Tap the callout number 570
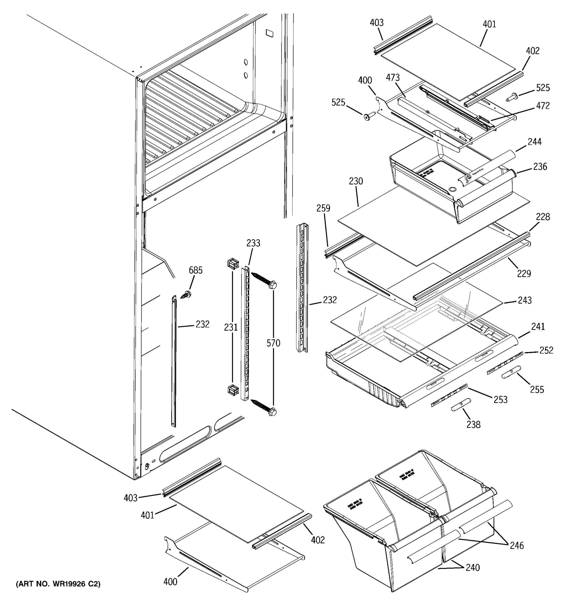tap(273, 343)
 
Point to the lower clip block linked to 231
tap(233, 390)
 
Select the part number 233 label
tap(253, 243)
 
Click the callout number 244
tap(534, 142)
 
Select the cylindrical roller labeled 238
tap(461, 405)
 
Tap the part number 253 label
tap(500, 400)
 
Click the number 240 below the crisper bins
tap(473, 568)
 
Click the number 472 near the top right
tap(543, 106)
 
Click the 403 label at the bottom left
tap(131, 498)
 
